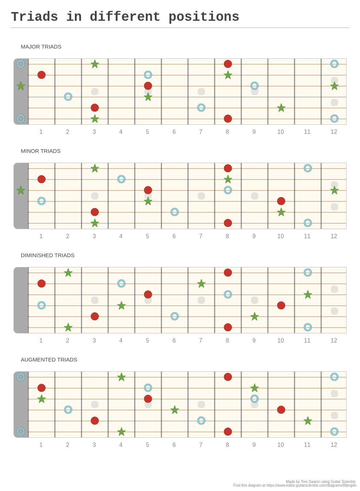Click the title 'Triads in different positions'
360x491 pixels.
pos(125,17)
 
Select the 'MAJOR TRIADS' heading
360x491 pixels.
pos(41,47)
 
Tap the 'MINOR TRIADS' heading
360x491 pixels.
pos(40,151)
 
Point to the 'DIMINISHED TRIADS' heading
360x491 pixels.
pos(47,255)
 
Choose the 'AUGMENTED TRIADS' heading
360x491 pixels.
pos(49,360)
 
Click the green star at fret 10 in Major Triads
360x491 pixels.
pos(281,108)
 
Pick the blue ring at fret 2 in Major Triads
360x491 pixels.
pos(68,97)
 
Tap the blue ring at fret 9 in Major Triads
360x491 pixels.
pos(254,86)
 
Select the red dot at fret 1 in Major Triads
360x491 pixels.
pos(42,75)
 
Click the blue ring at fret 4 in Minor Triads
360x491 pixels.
pos(121,179)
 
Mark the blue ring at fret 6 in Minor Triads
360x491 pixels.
pos(174,212)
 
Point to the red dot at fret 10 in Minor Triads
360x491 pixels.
pos(281,201)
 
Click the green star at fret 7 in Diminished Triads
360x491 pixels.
pos(201,283)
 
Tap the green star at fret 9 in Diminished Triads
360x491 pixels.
pos(254,316)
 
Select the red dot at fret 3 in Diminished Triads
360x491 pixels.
pos(94,316)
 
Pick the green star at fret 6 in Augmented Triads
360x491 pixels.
pos(174,410)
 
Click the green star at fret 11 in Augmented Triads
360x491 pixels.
pos(307,421)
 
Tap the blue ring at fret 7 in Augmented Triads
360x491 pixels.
pos(201,421)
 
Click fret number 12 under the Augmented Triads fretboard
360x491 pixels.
pos(334,445)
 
